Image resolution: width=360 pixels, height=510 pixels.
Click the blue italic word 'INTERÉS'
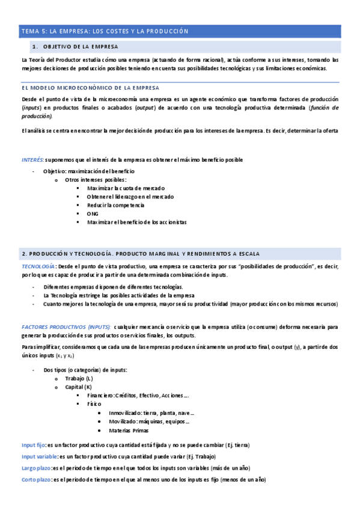click(32, 159)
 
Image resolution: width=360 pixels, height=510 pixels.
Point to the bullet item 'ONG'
click(93, 214)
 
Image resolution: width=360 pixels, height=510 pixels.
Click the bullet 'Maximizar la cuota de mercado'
click(126, 188)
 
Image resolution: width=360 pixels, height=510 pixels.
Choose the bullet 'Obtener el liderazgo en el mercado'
click(130, 197)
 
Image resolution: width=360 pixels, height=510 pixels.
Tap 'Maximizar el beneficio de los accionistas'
click(136, 222)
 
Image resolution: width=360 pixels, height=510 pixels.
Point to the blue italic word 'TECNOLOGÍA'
click(38, 266)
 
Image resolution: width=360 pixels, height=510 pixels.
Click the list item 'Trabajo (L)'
click(80, 378)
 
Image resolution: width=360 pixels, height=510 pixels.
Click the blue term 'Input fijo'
click(33, 445)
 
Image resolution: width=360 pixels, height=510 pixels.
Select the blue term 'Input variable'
click(39, 456)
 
